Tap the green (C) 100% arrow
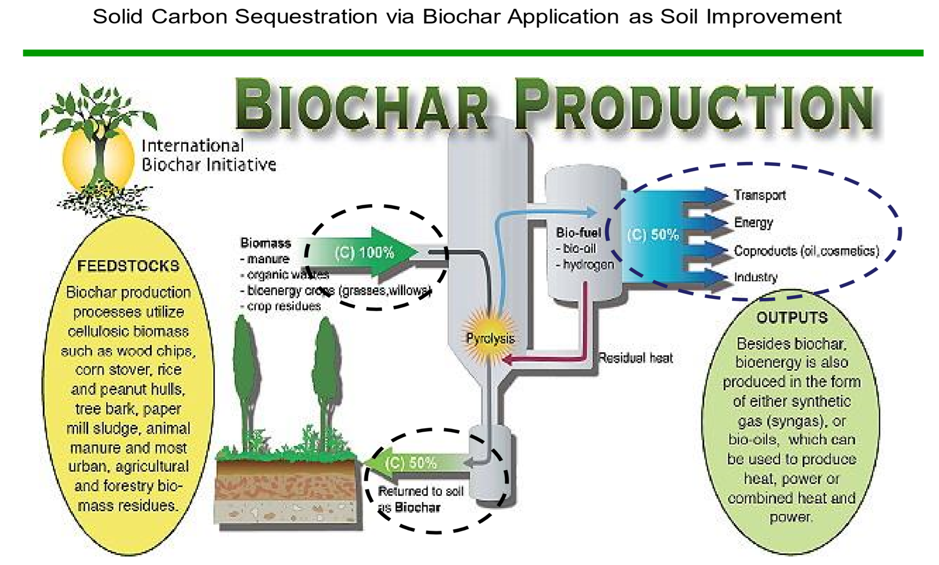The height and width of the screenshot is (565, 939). [x=365, y=253]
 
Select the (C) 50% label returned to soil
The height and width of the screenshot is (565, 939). [x=411, y=463]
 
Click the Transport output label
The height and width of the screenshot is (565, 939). [x=760, y=195]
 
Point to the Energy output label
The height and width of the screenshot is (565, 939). [x=753, y=223]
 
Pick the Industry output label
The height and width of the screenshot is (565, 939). [x=756, y=277]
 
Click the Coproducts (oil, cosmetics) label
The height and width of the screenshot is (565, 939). [x=806, y=251]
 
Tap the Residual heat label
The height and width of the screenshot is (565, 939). [x=635, y=358]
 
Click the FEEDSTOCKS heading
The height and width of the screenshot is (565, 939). [x=128, y=265]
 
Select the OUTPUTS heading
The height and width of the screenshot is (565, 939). [x=792, y=317]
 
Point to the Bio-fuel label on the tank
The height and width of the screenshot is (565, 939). [x=578, y=233]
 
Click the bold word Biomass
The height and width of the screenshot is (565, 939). [x=265, y=243]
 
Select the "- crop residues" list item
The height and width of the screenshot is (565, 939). [x=280, y=306]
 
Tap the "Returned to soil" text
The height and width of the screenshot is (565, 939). [x=420, y=491]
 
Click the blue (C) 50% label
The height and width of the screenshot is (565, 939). [x=653, y=234]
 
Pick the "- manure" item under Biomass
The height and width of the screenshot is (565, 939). [x=265, y=259]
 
